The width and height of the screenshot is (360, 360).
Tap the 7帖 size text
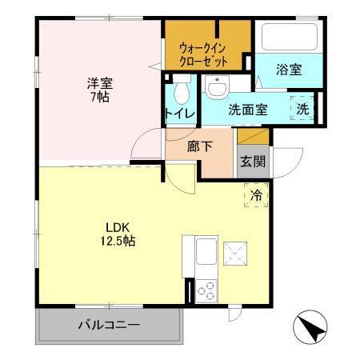tap(99, 97)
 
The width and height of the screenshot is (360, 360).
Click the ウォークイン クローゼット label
tap(204, 52)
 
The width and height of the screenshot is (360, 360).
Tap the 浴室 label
tap(290, 69)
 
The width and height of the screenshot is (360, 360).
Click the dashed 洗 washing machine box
tap(304, 109)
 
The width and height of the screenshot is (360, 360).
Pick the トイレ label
tap(180, 113)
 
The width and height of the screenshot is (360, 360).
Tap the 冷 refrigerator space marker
tap(257, 194)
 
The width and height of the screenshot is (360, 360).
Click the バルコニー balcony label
tap(109, 325)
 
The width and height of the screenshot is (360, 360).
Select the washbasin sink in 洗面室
tap(214, 86)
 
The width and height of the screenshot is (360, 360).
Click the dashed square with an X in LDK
tap(234, 254)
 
